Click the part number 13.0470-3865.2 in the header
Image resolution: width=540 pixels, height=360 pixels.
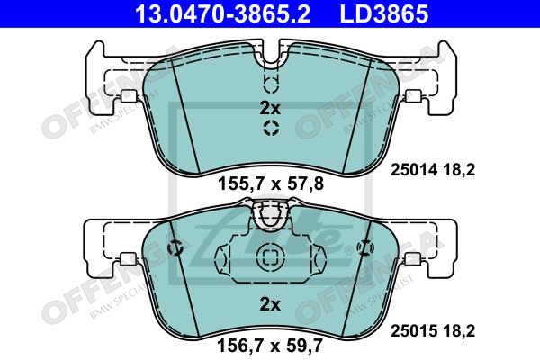click(223, 13)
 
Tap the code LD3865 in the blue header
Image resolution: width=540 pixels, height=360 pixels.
click(384, 13)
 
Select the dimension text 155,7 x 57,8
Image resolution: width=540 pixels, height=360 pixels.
click(271, 184)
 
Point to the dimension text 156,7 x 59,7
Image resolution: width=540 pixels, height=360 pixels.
click(270, 345)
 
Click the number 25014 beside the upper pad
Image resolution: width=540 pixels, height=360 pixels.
click(413, 170)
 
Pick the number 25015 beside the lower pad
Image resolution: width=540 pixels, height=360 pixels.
click(413, 330)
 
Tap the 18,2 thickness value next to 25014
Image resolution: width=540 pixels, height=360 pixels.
click(459, 170)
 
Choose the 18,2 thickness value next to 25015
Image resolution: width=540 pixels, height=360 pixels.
click(459, 331)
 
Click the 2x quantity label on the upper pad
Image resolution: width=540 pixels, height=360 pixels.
click(270, 109)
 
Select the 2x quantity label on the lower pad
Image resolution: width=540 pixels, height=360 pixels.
click(270, 304)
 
